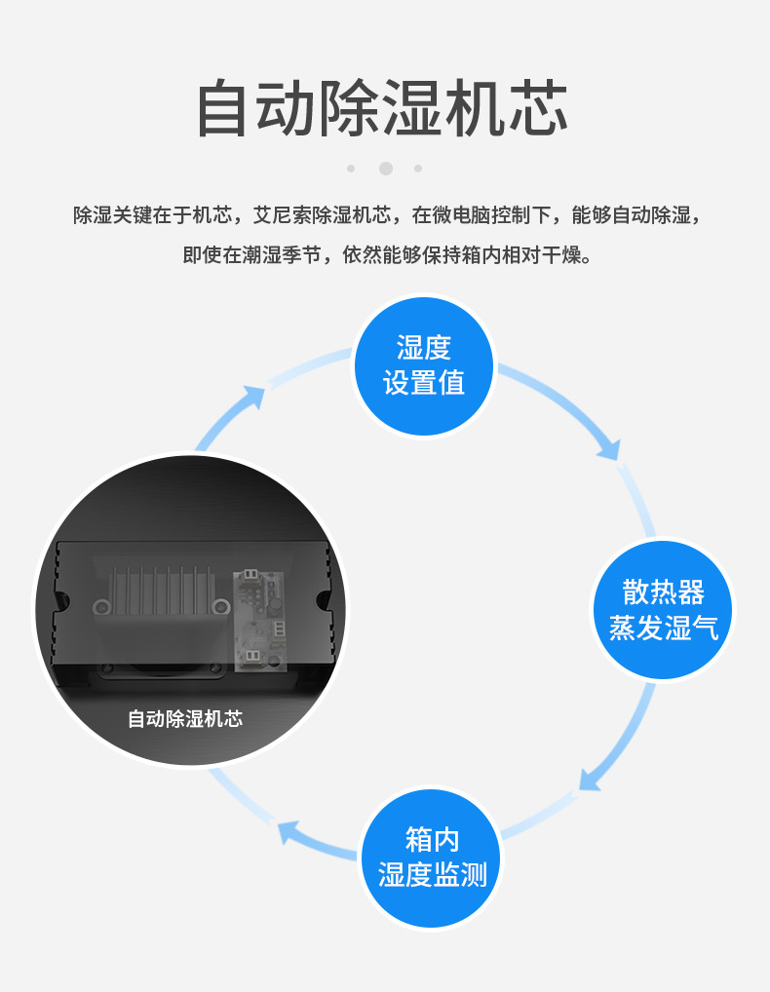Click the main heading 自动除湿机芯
tap(382, 109)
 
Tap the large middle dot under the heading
tap(386, 169)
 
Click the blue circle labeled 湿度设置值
tap(424, 365)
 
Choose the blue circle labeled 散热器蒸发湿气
tap(663, 609)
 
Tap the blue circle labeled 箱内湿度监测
tap(432, 857)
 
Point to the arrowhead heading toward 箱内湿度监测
tap(590, 779)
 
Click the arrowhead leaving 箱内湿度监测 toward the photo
tap(288, 831)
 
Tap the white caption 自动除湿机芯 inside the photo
tap(185, 719)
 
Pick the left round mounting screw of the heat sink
tap(100, 608)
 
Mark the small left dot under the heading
tap(351, 169)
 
